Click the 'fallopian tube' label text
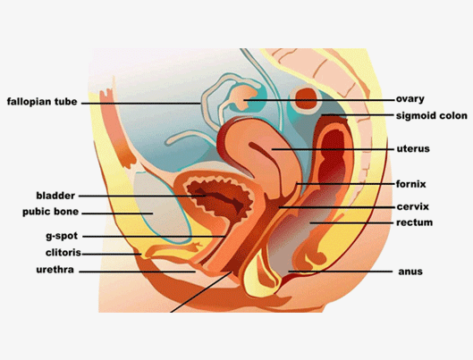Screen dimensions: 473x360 click(x=42, y=102)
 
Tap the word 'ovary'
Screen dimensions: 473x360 click(x=410, y=99)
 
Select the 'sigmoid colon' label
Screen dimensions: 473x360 click(x=432, y=115)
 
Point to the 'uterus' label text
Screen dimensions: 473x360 click(x=413, y=148)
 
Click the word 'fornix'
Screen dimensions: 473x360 click(x=411, y=184)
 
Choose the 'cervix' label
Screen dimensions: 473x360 click(x=413, y=206)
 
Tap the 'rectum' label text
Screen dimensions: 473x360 click(x=415, y=222)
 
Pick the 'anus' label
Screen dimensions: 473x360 click(x=410, y=272)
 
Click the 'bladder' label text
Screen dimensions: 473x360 click(x=55, y=196)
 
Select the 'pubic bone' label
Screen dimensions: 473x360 click(x=50, y=212)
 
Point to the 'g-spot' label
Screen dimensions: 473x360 click(x=62, y=236)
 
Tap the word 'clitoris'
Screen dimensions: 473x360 click(x=63, y=253)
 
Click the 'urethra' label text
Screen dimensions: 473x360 click(x=55, y=270)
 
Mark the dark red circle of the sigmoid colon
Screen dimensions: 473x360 click(x=306, y=98)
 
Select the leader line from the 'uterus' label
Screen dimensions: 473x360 click(x=333, y=149)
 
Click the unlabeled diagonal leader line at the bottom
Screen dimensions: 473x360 click(x=201, y=292)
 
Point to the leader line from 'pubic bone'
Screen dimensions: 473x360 click(x=117, y=213)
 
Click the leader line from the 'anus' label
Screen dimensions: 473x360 click(x=341, y=272)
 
